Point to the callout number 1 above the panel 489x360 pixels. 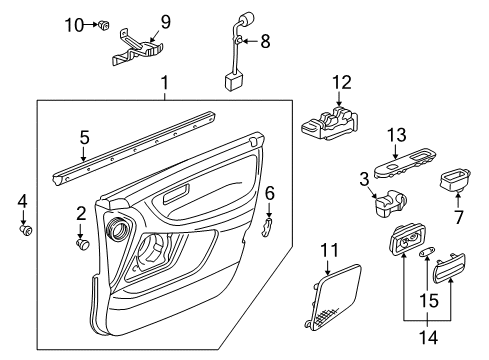[x=166, y=87]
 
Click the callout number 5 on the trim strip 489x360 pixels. [x=84, y=137]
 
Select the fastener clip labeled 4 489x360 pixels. [x=27, y=232]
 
